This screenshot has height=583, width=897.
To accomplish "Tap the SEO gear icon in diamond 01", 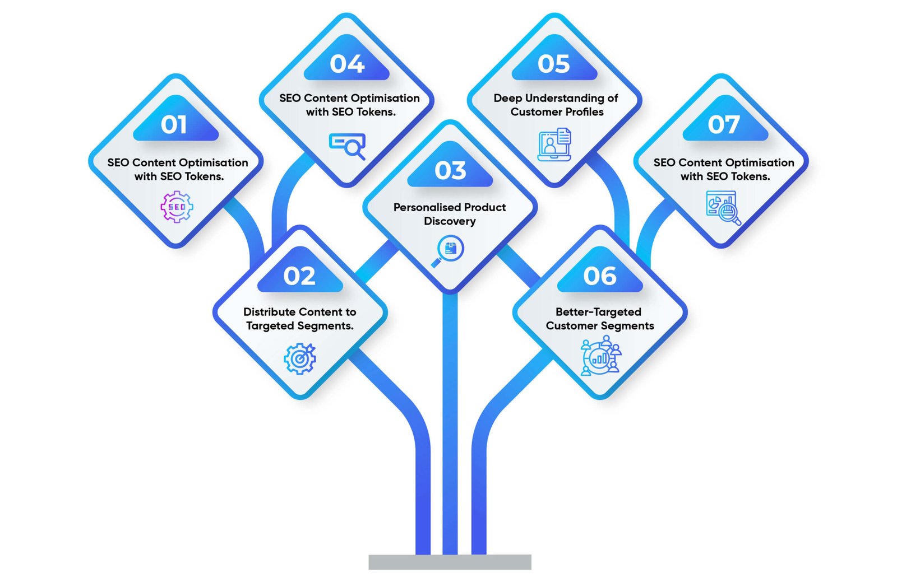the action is click(177, 207).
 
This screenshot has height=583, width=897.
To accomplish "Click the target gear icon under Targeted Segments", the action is click(300, 358).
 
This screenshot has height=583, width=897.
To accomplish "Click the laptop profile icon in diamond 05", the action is click(554, 144).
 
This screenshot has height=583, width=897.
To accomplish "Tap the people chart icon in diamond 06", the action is click(600, 355).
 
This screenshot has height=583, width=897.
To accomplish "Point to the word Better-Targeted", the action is click(598, 312).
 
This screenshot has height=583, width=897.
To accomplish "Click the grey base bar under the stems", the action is click(450, 562).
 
